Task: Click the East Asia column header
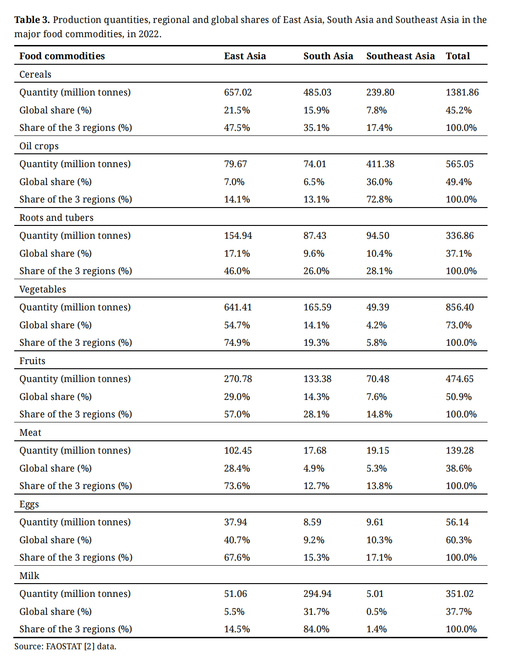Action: click(245, 56)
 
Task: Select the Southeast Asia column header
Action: click(400, 56)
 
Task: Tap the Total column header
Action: click(458, 56)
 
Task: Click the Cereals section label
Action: click(35, 74)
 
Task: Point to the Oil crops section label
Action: click(39, 146)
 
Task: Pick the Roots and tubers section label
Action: click(56, 218)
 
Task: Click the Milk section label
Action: click(29, 576)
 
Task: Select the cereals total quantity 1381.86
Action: click(462, 92)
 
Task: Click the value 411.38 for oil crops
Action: click(380, 164)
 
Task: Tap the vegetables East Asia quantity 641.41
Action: click(238, 307)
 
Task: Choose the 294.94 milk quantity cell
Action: click(317, 594)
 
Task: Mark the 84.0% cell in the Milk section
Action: click(316, 629)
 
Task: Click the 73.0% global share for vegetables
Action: click(459, 325)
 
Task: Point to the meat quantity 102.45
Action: click(238, 450)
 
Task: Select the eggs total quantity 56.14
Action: click(457, 522)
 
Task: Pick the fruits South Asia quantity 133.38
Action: click(317, 379)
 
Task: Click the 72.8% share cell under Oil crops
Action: click(379, 199)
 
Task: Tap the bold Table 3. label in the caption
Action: click(32, 20)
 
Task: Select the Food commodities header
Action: click(62, 56)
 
